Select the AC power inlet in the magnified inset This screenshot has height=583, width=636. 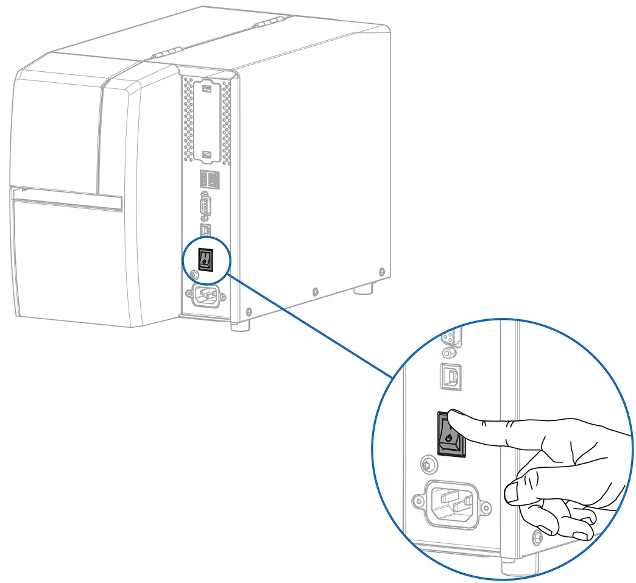pos(451,503)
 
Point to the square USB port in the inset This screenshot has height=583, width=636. pos(450,377)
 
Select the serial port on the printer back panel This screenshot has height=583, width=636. pos(205,206)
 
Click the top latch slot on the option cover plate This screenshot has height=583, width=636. pos(205,89)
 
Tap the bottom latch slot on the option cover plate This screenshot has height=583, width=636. pos(205,155)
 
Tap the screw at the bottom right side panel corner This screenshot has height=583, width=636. pos(381,270)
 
